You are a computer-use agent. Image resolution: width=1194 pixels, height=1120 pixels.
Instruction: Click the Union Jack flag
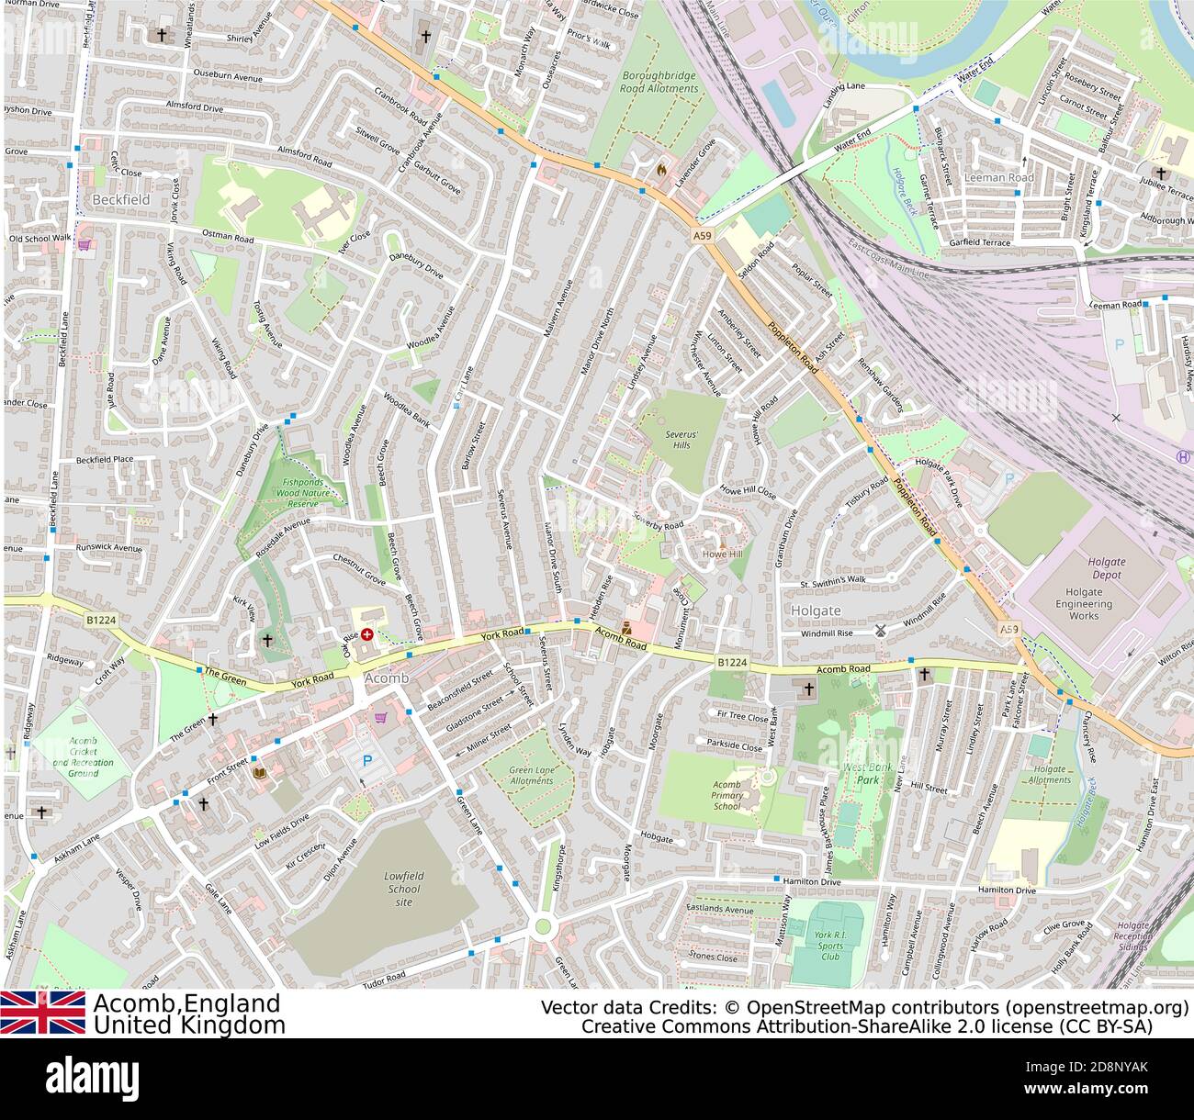tap(42, 1012)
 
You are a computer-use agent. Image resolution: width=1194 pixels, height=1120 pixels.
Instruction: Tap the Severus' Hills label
tap(681, 439)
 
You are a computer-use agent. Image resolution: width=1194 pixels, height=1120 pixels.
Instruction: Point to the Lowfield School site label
tap(403, 889)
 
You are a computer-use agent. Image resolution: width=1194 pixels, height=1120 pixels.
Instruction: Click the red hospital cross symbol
tap(367, 633)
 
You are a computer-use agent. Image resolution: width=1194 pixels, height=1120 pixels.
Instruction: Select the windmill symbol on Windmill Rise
tap(879, 631)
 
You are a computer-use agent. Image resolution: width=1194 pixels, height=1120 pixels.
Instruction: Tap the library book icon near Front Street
tap(260, 774)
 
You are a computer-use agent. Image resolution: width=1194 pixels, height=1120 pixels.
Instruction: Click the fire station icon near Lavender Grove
tap(660, 169)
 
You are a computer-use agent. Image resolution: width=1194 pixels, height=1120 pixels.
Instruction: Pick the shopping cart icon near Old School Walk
tap(84, 245)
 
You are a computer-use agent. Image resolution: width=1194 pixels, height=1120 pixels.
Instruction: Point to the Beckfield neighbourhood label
tap(121, 199)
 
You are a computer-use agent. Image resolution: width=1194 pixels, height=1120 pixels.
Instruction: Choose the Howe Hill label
tap(721, 554)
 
